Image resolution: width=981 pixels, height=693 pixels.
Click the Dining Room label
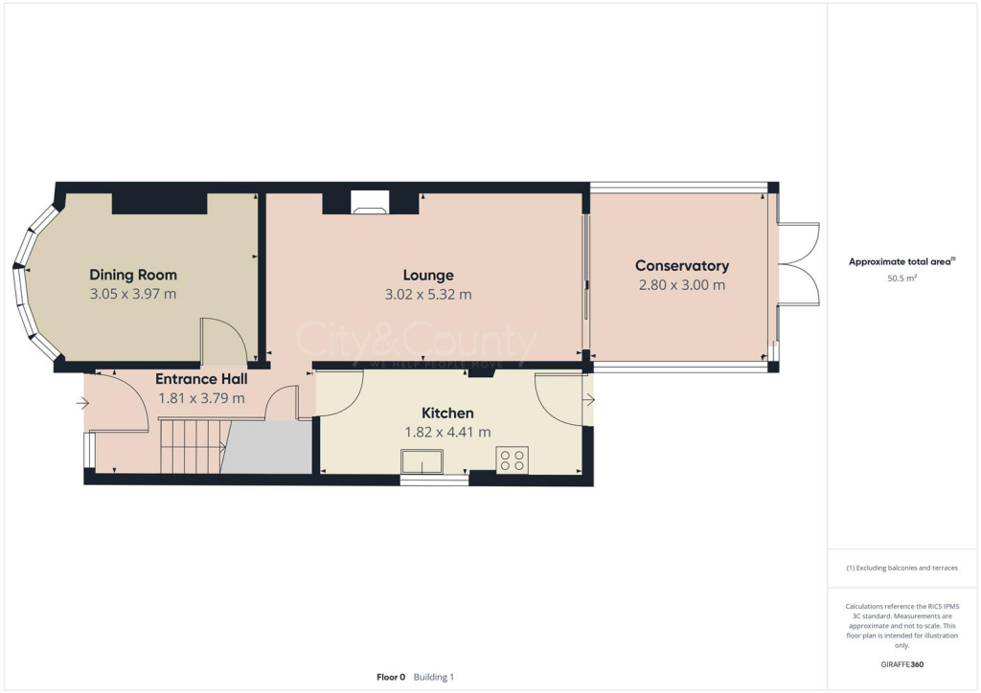coord(133,275)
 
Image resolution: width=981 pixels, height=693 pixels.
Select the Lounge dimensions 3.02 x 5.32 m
coord(428,294)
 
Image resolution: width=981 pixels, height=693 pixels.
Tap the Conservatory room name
coord(681,266)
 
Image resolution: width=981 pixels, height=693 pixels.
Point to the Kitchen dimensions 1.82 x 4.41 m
coord(447,432)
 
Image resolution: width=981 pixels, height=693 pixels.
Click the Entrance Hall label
coord(201,379)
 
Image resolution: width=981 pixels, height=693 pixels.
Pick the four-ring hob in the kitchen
coord(512,460)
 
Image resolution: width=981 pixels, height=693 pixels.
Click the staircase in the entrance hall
coord(191,446)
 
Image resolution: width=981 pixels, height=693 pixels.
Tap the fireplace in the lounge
coord(370,202)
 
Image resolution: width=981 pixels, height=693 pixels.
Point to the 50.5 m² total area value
coord(901,279)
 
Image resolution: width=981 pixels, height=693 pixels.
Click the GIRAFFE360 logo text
coord(901,664)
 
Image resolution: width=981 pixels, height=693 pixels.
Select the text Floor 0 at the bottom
coord(391,677)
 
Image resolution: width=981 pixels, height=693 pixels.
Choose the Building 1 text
coord(433,677)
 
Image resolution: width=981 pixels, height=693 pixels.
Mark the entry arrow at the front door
coord(82,403)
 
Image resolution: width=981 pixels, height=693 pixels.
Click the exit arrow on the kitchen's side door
coord(588,398)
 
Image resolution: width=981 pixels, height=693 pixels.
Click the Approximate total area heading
coord(901,261)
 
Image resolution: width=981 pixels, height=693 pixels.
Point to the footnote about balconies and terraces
coord(901,568)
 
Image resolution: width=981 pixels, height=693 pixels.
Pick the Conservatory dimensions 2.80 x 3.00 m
coord(681,285)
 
